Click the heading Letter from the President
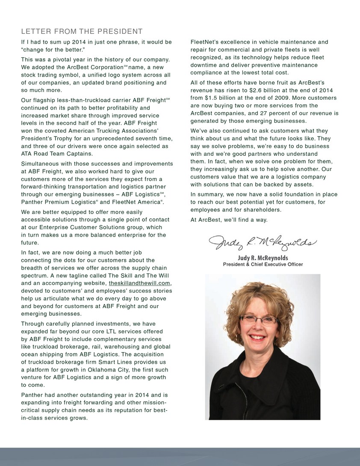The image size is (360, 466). pyautogui.click(x=82, y=32)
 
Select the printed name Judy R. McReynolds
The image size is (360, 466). pyautogui.click(x=263, y=258)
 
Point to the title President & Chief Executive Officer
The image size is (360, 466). pyautogui.click(x=263, y=264)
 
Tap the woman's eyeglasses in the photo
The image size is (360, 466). pyautogui.click(x=259, y=320)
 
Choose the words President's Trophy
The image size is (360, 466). pyautogui.click(x=48, y=139)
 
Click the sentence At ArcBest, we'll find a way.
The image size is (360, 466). pyautogui.click(x=229, y=220)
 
